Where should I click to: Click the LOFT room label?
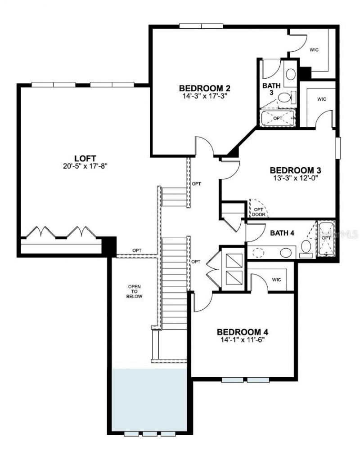coord(85,158)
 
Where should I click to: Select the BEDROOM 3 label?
coord(295,170)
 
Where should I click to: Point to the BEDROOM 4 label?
coord(243,332)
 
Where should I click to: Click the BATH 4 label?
coord(282,233)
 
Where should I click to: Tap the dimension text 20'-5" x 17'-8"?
coord(85,166)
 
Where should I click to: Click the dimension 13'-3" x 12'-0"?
coord(295,178)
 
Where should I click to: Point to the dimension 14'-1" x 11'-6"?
coord(243,340)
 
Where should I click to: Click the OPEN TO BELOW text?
coord(135,291)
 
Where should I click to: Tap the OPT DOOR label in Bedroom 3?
coord(259,212)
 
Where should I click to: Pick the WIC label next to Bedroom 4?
coord(276,280)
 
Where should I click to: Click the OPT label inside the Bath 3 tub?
coord(278,118)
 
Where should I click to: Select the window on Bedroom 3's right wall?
coord(338,148)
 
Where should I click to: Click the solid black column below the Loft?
coord(109,246)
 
